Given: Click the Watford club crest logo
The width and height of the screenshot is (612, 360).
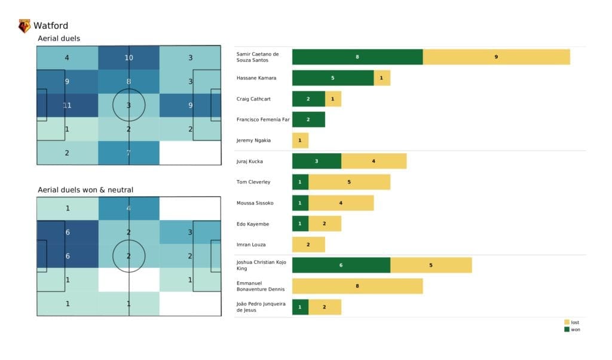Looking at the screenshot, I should [25, 26].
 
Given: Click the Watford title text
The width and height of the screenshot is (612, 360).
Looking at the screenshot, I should [51, 26].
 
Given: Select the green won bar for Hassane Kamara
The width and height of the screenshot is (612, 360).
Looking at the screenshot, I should [333, 78].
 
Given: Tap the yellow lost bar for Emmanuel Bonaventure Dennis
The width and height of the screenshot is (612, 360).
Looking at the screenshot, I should [357, 286].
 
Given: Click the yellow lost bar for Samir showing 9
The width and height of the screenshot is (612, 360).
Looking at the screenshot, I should [496, 57].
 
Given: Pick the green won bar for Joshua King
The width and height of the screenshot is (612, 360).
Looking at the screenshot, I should [341, 265].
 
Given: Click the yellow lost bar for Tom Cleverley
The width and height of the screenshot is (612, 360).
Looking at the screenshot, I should [349, 182].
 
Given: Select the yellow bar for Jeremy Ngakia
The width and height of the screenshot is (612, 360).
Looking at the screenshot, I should [300, 140].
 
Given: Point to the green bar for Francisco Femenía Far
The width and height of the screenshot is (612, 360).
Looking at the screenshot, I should [308, 120].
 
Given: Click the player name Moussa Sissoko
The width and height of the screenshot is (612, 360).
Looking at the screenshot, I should [255, 203].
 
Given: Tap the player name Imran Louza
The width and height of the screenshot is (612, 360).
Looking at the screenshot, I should [250, 245].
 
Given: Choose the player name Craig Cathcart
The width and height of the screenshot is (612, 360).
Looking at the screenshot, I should [253, 99].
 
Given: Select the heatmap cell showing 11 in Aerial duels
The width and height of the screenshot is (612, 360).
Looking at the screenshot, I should [67, 105].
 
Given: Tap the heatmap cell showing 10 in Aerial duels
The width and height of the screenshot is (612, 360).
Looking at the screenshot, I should [128, 58].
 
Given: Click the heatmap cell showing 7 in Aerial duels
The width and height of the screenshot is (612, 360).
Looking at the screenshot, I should [128, 152].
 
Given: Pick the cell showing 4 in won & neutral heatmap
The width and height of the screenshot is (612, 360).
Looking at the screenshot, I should [128, 209].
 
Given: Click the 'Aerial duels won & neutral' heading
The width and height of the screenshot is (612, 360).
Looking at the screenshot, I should [85, 190].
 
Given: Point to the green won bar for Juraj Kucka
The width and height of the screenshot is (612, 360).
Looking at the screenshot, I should [317, 161].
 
